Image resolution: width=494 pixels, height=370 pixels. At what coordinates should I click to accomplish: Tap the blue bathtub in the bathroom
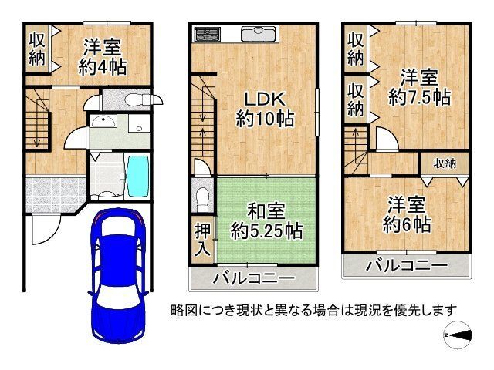138,177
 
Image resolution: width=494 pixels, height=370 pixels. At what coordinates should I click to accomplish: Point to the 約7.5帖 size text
419,98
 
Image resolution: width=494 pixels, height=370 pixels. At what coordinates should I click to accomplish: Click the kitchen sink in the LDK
255,34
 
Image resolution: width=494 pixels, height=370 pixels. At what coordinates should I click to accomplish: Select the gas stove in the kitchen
207,34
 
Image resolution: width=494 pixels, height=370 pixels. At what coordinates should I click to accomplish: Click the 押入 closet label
201,239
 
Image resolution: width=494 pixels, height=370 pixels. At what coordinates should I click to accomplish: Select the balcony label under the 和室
253,277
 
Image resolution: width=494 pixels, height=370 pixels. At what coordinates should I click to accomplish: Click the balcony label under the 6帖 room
406,266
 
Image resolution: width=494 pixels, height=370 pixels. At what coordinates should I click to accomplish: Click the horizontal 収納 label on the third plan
444,163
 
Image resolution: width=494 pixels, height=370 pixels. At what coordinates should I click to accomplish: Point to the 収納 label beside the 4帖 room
37,47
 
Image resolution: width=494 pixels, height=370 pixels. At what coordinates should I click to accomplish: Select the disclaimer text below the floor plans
314,310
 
